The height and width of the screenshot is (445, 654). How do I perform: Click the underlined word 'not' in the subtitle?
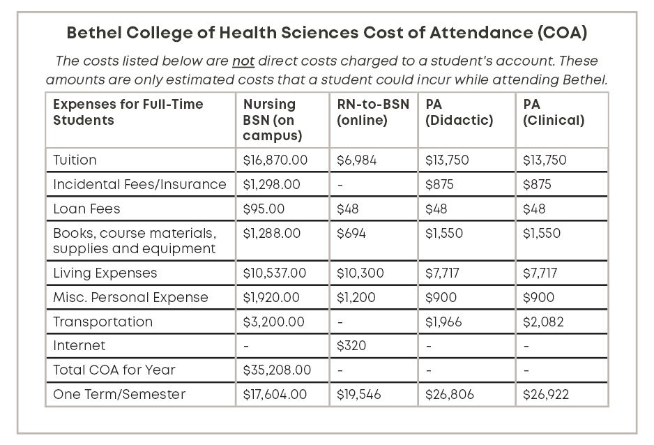[x=243, y=61]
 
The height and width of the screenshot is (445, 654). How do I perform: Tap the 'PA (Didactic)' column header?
[x=459, y=112]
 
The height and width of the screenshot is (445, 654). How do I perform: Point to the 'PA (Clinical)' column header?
[x=554, y=112]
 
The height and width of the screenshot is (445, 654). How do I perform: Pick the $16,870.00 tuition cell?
[x=275, y=160]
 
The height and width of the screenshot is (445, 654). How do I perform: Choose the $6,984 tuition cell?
[x=356, y=160]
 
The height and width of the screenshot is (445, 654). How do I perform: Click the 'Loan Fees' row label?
[x=86, y=209]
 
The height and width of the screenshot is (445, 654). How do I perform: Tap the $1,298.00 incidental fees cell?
[x=271, y=185]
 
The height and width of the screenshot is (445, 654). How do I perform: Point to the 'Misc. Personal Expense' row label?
[x=130, y=297]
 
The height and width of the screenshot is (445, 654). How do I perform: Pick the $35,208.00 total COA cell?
[x=277, y=370]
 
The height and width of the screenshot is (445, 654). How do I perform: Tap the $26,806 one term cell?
[x=449, y=394]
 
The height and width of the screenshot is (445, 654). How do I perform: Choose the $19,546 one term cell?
[x=358, y=394]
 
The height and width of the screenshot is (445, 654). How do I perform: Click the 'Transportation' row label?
[x=102, y=322]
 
